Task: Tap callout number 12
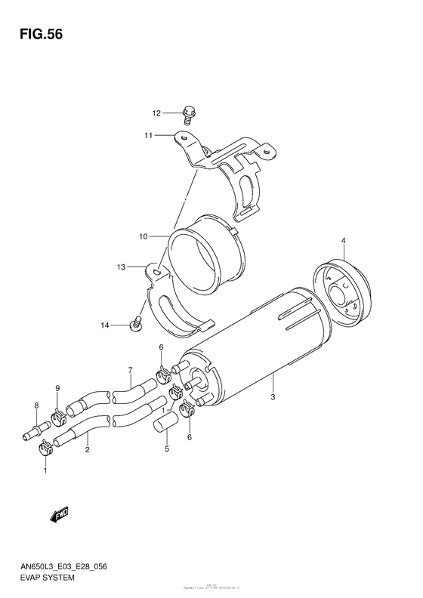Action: (157, 114)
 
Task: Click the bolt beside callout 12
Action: (188, 116)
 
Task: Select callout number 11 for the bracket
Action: (149, 135)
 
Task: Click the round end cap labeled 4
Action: (344, 291)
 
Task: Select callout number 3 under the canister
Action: (273, 398)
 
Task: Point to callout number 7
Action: (130, 370)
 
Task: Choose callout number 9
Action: (56, 388)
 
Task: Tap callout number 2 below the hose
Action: (88, 450)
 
